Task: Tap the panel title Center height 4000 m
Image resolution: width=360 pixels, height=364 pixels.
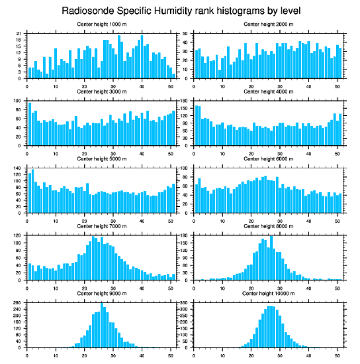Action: pyautogui.click(x=268, y=91)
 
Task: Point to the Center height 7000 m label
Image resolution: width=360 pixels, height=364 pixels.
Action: pyautogui.click(x=101, y=226)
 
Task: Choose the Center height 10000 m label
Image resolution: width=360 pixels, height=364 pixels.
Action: pyautogui.click(x=268, y=293)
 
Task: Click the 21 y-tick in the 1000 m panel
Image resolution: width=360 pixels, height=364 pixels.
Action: pyautogui.click(x=19, y=34)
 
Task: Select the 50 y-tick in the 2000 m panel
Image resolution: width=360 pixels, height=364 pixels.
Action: pyautogui.click(x=186, y=34)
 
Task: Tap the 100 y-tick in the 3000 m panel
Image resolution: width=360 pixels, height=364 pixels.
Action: pyautogui.click(x=18, y=101)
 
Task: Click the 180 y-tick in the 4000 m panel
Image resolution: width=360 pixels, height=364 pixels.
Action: pyautogui.click(x=185, y=101)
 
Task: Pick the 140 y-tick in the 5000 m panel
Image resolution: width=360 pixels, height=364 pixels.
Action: pyautogui.click(x=18, y=168)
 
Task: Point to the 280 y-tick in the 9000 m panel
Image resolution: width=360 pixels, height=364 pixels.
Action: pyautogui.click(x=18, y=303)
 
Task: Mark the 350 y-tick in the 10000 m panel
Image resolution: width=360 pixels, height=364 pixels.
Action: pyautogui.click(x=185, y=303)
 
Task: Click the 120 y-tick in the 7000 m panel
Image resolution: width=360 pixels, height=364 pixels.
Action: pyautogui.click(x=18, y=235)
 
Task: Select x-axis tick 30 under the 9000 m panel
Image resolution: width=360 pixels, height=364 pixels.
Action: pyautogui.click(x=113, y=355)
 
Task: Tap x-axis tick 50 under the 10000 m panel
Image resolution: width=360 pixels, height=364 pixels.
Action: pyautogui.click(x=337, y=355)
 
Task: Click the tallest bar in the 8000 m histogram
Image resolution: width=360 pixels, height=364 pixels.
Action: pyautogui.click(x=271, y=258)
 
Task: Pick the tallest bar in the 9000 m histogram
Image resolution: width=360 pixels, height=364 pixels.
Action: pyautogui.click(x=102, y=325)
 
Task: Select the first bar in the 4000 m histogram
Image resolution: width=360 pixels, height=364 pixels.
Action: pyautogui.click(x=196, y=125)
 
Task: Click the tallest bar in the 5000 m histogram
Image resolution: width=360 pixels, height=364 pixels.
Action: pyautogui.click(x=33, y=191)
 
